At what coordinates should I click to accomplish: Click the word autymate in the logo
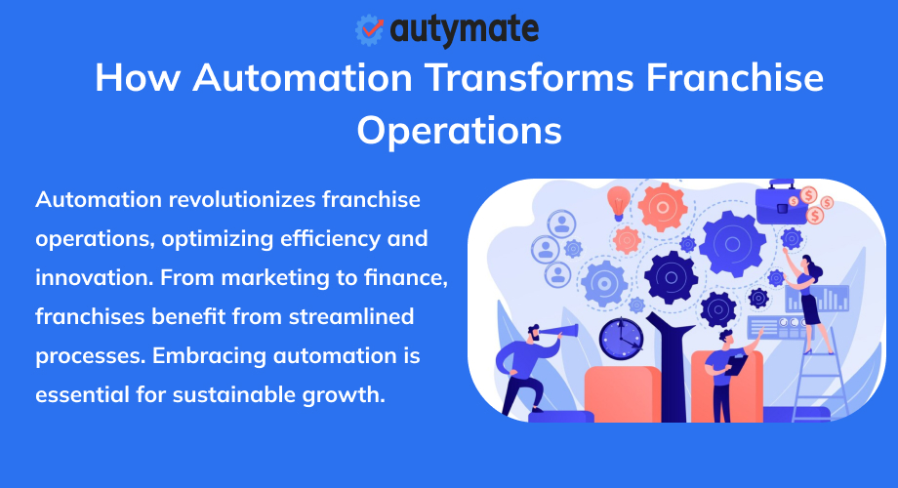point(464,29)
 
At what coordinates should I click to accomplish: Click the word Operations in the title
point(459,130)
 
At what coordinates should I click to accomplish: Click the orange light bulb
point(618,202)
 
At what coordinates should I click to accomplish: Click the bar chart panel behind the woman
point(833,299)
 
